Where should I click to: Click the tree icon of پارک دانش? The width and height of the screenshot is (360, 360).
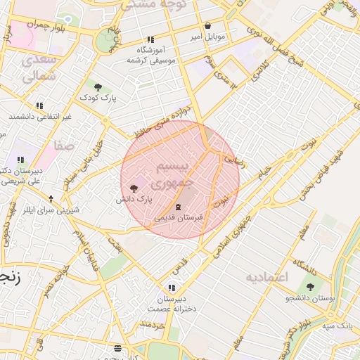click(x=134, y=188)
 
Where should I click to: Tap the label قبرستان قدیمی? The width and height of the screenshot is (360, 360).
click(x=179, y=218)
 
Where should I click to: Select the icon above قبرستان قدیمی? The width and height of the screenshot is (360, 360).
click(x=177, y=207)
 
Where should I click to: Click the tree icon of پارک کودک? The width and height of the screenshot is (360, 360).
click(x=97, y=87)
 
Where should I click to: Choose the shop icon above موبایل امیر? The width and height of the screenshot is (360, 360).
click(x=208, y=26)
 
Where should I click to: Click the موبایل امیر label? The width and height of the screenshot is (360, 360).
click(x=208, y=36)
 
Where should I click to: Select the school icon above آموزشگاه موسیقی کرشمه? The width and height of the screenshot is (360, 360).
click(x=150, y=40)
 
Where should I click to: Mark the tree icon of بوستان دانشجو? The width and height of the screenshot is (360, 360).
click(x=310, y=286)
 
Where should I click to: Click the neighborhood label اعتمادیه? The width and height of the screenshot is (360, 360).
click(x=267, y=277)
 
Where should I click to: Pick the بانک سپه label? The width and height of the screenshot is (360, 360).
click(x=338, y=326)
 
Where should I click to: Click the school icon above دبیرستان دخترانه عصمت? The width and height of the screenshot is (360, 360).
click(x=172, y=288)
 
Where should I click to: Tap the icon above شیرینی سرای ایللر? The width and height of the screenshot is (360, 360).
click(x=51, y=199)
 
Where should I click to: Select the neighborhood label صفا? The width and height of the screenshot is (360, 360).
click(x=63, y=146)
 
